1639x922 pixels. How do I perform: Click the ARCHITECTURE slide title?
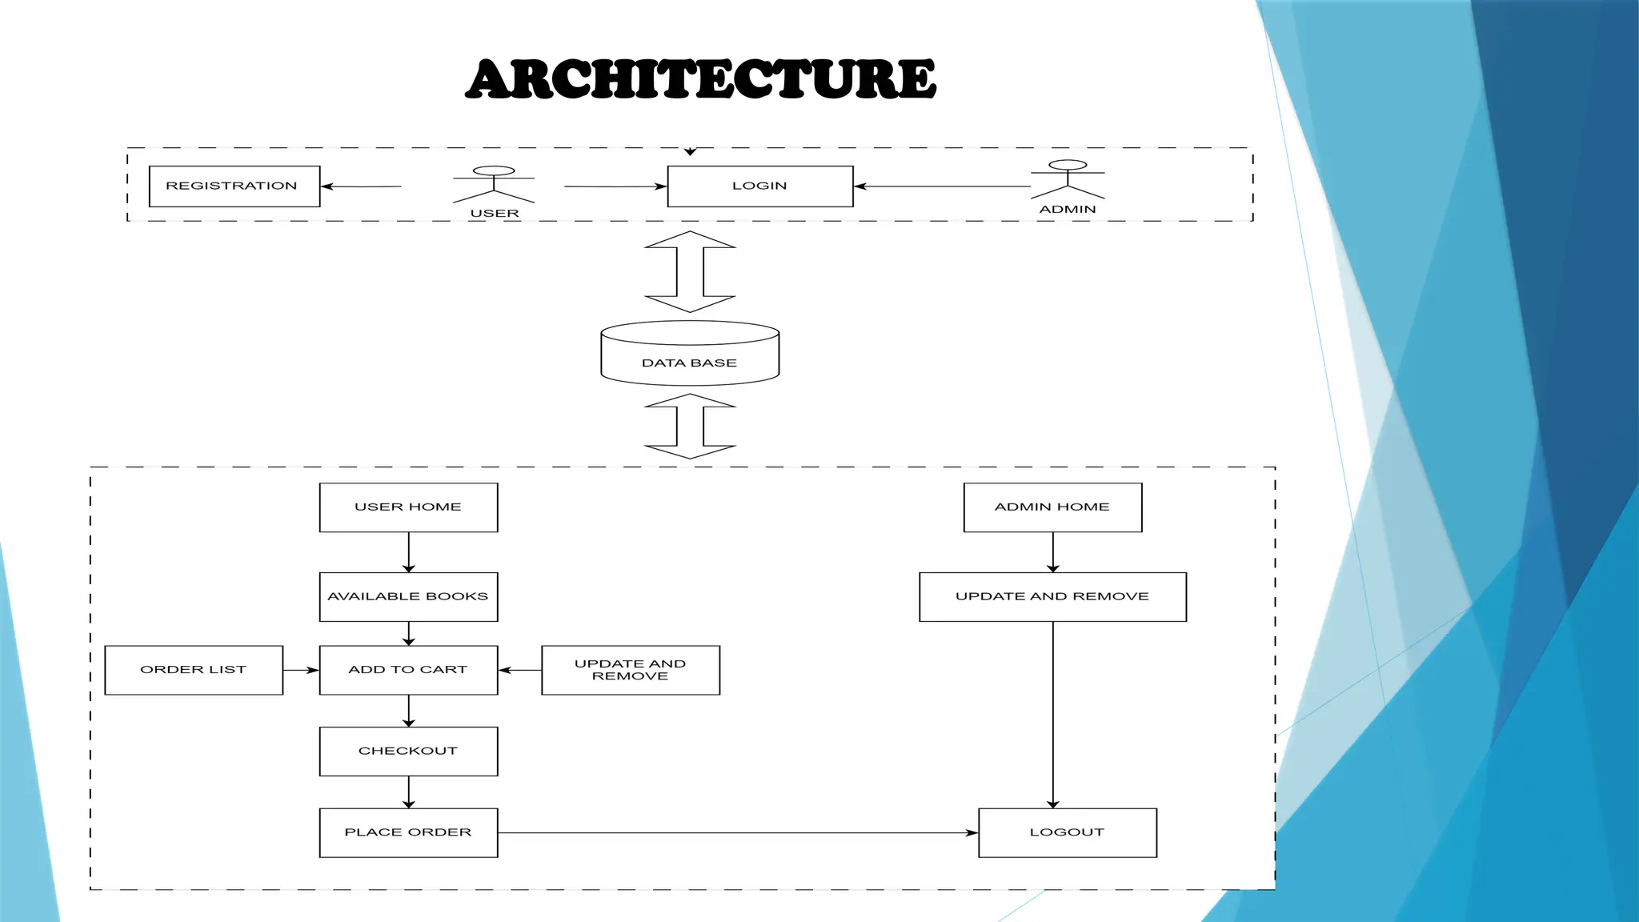(701, 79)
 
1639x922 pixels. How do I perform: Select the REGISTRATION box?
(234, 186)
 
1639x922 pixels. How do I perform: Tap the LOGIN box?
(760, 186)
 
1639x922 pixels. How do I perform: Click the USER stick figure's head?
(494, 170)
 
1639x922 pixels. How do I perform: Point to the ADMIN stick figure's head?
(1068, 165)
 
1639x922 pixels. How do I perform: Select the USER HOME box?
(408, 507)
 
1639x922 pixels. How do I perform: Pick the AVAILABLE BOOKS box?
(408, 597)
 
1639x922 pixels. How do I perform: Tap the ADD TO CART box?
(408, 670)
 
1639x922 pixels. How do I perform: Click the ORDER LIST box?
(194, 670)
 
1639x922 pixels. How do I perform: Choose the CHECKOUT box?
(408, 752)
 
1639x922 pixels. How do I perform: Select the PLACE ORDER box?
(408, 832)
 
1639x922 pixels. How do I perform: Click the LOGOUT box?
(1068, 832)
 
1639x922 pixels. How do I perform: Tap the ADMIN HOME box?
(1052, 507)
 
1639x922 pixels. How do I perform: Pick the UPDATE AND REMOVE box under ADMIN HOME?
(1052, 597)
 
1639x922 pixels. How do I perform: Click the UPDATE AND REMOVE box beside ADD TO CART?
(631, 670)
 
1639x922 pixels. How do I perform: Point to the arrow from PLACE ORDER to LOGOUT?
(736, 833)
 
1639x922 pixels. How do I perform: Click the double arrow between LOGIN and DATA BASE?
(690, 271)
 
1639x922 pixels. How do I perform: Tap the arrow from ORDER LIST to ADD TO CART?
(301, 670)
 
